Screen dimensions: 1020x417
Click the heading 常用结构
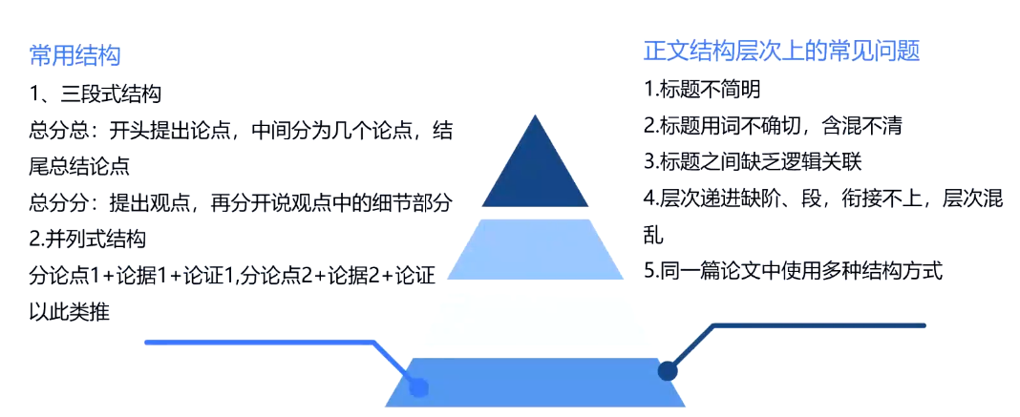click(74, 54)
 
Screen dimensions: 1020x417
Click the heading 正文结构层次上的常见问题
click(781, 51)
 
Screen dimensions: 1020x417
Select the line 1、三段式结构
click(96, 94)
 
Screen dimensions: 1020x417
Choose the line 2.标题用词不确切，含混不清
click(773, 125)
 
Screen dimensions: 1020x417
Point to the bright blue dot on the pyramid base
click(417, 387)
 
